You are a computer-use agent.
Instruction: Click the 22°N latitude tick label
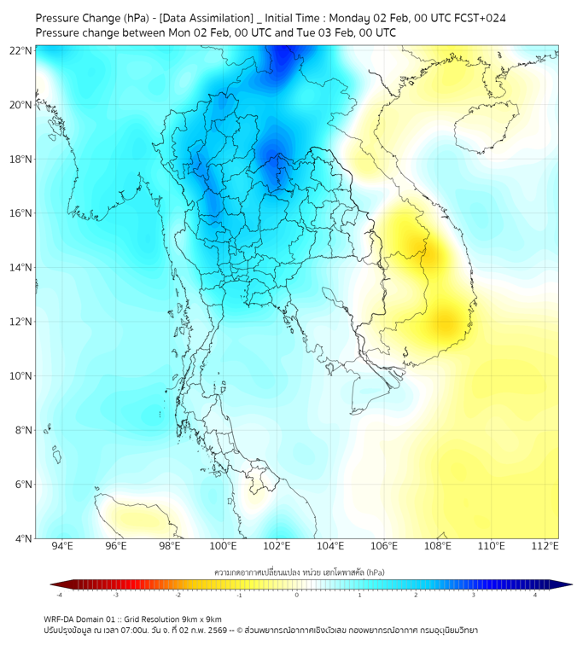click(x=21, y=50)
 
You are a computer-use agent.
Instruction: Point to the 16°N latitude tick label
click(x=21, y=213)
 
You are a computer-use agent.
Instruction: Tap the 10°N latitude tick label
click(x=21, y=376)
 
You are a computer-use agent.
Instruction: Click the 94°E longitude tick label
click(x=62, y=546)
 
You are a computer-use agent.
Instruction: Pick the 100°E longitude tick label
click(x=224, y=546)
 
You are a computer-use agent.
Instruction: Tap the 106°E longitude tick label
click(x=384, y=546)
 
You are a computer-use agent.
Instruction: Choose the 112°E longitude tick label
click(x=545, y=546)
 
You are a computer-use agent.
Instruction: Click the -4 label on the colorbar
click(x=59, y=595)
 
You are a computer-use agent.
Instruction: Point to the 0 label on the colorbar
click(x=297, y=595)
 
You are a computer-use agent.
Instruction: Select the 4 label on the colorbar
click(x=535, y=595)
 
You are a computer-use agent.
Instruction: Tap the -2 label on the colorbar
click(x=178, y=595)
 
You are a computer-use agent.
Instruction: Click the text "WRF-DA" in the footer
click(x=58, y=619)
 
